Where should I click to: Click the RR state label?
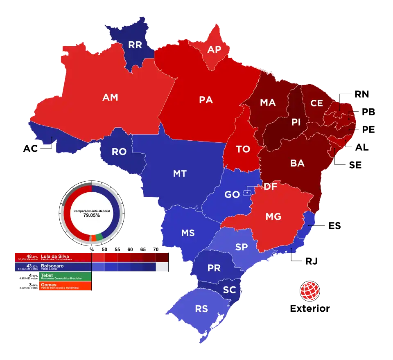coord(135,45)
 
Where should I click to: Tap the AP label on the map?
coord(214,49)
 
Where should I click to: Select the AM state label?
coord(110,97)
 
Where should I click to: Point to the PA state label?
coord(206,99)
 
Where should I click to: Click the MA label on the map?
coord(268,103)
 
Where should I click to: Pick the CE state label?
coord(316,103)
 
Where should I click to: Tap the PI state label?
coord(296,122)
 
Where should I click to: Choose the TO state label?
coord(243,149)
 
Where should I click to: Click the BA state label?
coord(297,163)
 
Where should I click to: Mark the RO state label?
coord(119,152)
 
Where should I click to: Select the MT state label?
coord(180,173)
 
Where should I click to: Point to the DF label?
coord(270,187)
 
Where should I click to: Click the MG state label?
coord(273,216)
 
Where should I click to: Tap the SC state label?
coord(229,290)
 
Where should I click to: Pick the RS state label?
coord(201,309)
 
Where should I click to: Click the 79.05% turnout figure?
coord(92,215)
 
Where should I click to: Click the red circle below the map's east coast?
coord(309,290)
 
